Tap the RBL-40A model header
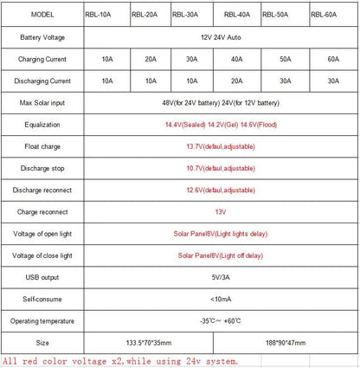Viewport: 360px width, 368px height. coord(236,15)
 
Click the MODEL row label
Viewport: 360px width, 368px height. coord(42,15)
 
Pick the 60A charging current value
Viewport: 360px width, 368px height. coord(332,60)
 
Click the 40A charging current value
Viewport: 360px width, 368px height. coord(236,60)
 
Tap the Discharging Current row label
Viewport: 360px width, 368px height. coord(42,81)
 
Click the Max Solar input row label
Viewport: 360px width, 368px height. coord(42,103)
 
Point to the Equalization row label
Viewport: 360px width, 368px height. coord(42,125)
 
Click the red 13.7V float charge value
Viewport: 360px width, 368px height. coord(219,146)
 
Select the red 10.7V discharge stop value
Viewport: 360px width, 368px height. coord(219,168)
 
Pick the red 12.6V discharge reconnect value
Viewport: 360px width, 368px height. coord(219,190)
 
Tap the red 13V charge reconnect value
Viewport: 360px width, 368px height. coord(219,211)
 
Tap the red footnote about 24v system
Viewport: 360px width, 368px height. coord(119,360)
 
